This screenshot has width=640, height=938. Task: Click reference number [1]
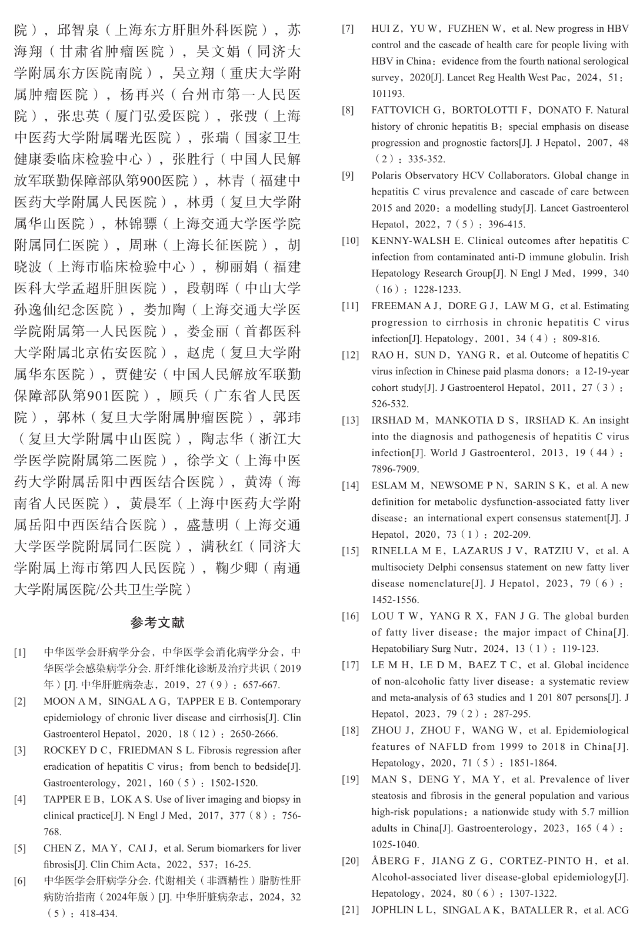20,652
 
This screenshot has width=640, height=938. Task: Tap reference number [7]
348,28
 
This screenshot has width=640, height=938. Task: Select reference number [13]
350,420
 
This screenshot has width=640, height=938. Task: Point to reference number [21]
350,910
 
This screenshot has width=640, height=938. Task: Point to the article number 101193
388,93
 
